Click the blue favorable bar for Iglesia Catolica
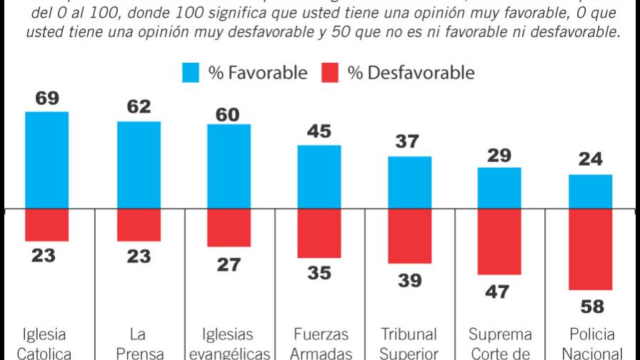(x=46, y=161)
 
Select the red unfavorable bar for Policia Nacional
(x=591, y=249)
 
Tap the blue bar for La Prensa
(x=139, y=166)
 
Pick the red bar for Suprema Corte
(x=499, y=242)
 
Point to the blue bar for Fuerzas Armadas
(x=319, y=177)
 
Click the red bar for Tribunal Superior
(x=410, y=236)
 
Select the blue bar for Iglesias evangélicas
(x=229, y=166)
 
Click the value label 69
(x=46, y=99)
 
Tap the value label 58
(x=591, y=307)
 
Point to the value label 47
(x=499, y=291)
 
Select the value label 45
(x=319, y=132)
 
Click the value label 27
(x=229, y=264)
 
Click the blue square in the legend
(x=191, y=72)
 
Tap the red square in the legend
(x=330, y=72)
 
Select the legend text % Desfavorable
(x=411, y=72)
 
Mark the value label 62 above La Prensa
(x=139, y=107)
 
